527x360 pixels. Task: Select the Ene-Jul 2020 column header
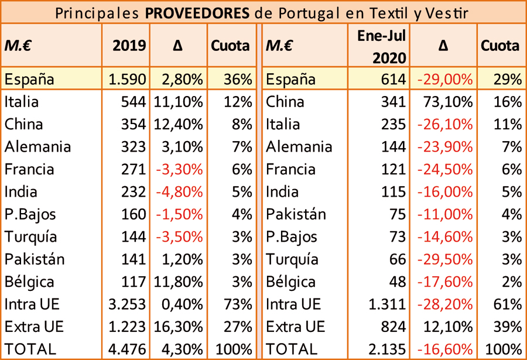point(382,46)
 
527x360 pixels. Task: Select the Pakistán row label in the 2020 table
point(295,214)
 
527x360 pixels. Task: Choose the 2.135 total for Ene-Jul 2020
point(387,349)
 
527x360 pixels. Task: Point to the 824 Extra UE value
point(393,327)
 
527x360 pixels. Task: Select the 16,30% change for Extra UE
point(179,327)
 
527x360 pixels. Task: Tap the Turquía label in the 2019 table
point(30,237)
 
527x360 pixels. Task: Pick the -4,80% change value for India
point(179,192)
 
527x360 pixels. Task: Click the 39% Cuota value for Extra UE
point(508,327)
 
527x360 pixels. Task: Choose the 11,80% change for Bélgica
point(179,282)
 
